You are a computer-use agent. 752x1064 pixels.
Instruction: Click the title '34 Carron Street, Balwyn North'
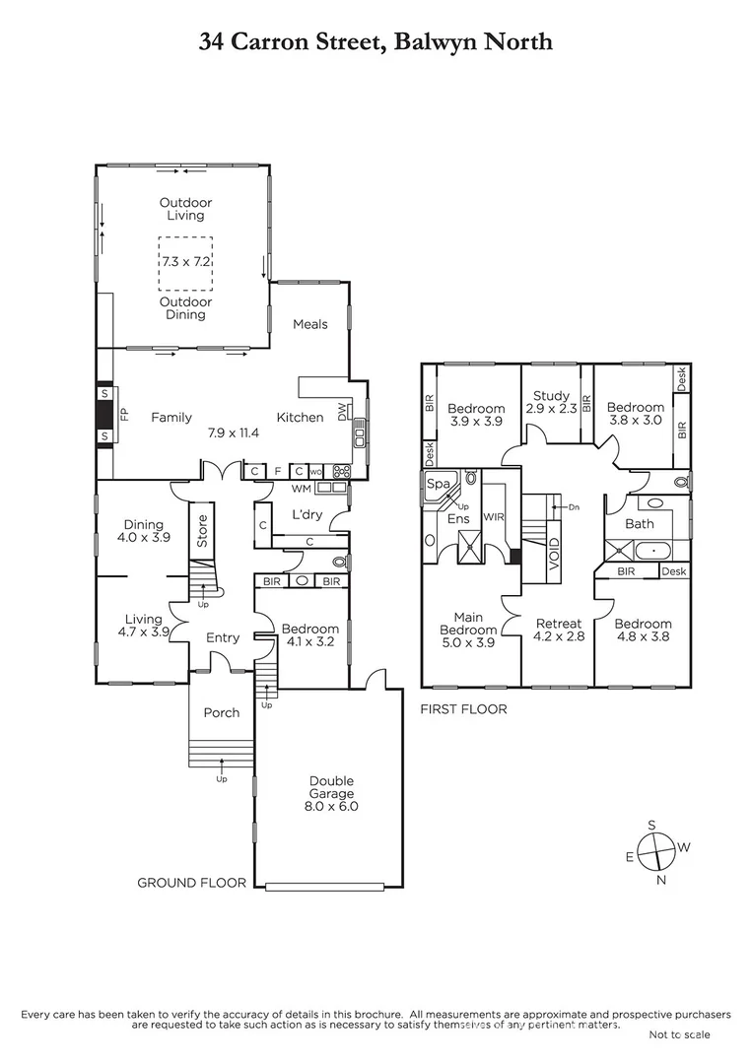376,41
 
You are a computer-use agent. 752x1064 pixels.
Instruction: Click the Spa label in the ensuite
438,484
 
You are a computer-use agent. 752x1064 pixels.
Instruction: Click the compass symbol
657,848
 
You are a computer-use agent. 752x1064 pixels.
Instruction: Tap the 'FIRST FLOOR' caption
463,708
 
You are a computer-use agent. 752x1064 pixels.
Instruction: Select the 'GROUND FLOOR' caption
192,883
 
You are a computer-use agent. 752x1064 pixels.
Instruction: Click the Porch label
222,712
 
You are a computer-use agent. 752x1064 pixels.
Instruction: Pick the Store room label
203,530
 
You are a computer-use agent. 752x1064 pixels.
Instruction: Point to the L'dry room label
307,515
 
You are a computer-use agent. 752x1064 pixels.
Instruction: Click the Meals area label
309,324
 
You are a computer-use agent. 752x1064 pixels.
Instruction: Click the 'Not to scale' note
678,1033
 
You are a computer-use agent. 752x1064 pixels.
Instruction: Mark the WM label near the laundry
302,488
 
